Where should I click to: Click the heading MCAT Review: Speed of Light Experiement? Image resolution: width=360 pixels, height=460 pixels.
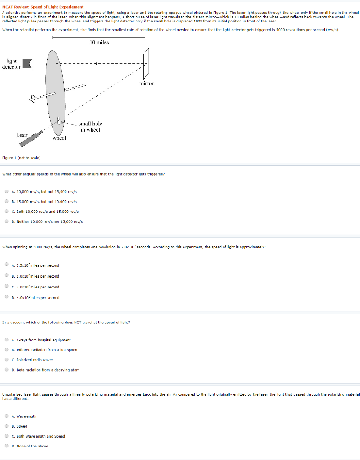[43, 7]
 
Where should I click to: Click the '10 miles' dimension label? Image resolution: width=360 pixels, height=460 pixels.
[99, 43]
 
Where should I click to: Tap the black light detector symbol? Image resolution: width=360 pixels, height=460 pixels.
[28, 64]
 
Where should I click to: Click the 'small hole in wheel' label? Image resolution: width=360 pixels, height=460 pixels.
[90, 127]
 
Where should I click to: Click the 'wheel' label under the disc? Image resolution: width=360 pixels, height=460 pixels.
[59, 138]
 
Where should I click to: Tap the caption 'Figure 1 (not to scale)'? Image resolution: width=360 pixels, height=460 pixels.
[22, 158]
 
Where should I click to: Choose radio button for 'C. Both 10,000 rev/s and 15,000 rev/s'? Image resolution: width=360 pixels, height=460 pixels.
[7, 211]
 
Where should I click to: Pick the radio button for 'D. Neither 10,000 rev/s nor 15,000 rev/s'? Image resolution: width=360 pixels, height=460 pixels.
[7, 221]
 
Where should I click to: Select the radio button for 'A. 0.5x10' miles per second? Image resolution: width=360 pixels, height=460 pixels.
[7, 265]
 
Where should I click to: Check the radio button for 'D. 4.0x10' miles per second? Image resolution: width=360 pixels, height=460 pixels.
[7, 297]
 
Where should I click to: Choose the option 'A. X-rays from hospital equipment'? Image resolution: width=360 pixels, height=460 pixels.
[41, 340]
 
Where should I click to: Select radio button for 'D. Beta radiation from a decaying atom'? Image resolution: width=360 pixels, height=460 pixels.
[7, 370]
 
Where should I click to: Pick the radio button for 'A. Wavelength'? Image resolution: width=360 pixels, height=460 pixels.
[7, 416]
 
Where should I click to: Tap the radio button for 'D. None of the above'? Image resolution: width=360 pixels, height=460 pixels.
[7, 446]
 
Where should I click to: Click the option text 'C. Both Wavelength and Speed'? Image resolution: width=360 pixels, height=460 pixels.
[38, 436]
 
